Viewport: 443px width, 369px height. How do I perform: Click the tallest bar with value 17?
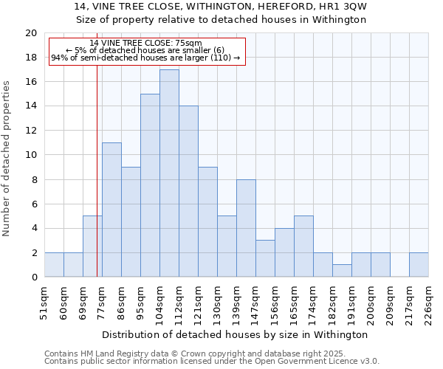[x=169, y=173]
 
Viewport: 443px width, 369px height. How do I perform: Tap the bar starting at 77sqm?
[x=111, y=210]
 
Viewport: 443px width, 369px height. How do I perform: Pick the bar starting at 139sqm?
[x=246, y=228]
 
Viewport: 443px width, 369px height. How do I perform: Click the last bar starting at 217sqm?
[x=419, y=265]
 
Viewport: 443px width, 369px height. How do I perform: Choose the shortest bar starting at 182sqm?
[x=342, y=271]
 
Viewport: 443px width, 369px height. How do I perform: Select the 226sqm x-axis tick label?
[x=428, y=302]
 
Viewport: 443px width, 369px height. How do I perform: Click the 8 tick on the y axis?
[x=33, y=179]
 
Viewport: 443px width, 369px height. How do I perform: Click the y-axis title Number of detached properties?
[x=7, y=159]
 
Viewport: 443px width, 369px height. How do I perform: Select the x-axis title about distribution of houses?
[x=236, y=334]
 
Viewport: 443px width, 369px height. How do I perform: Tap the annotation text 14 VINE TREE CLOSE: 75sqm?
[x=145, y=43]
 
